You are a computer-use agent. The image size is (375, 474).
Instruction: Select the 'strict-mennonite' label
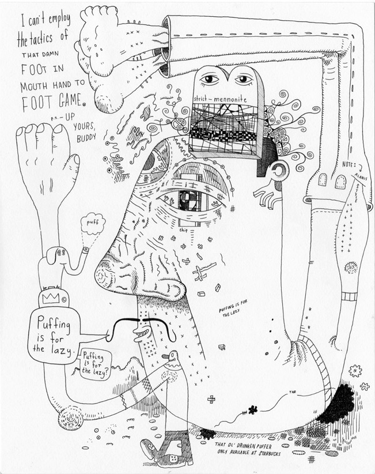coord(221,100)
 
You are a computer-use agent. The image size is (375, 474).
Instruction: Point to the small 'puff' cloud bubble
coord(92,222)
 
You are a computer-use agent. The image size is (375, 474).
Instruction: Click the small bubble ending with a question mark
coord(96,364)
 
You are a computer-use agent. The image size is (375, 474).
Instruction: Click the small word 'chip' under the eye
coord(184,230)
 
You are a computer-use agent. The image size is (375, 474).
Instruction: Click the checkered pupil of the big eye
coord(189,200)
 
